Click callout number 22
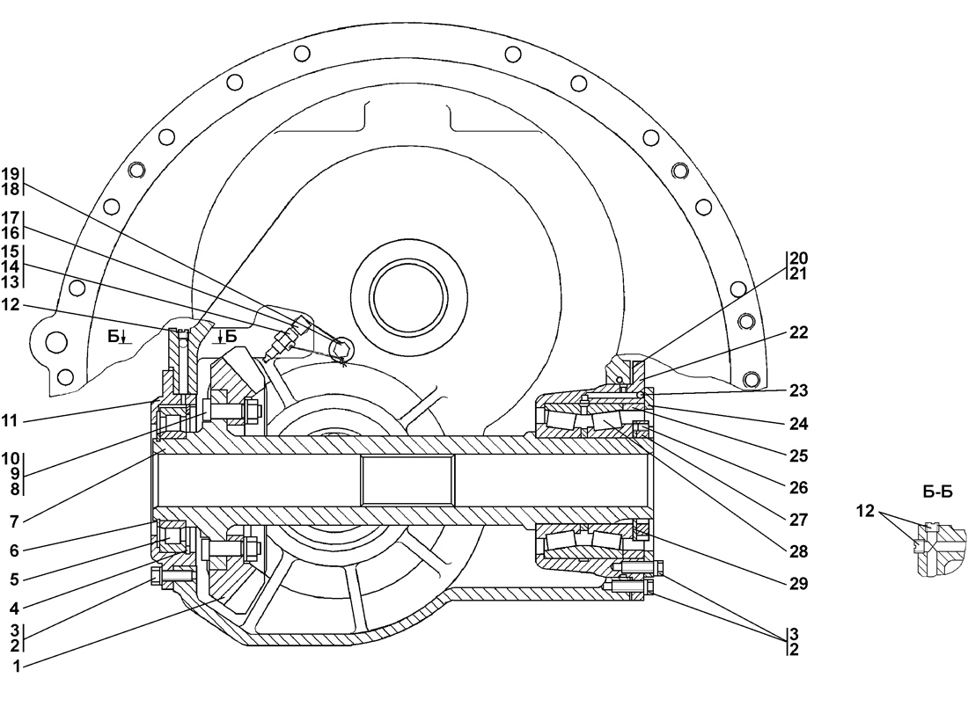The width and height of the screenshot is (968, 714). (798, 332)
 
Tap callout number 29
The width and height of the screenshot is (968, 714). (798, 583)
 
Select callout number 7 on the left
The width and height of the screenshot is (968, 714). (13, 521)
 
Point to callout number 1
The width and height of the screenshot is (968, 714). (17, 667)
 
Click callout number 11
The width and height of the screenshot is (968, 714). (11, 421)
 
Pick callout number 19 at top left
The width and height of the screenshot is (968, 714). (11, 174)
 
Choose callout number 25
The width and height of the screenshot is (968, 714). (798, 456)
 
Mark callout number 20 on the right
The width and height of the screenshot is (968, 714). (798, 258)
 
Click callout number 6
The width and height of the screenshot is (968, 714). (13, 550)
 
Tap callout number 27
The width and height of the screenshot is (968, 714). (798, 520)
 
